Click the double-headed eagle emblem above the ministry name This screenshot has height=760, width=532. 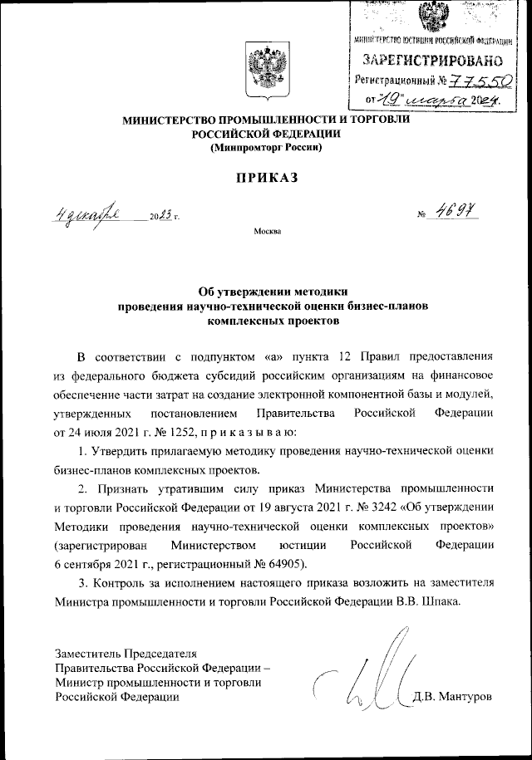266,69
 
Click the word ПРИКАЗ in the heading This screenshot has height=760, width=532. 265,177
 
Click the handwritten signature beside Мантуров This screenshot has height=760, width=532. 366,673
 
